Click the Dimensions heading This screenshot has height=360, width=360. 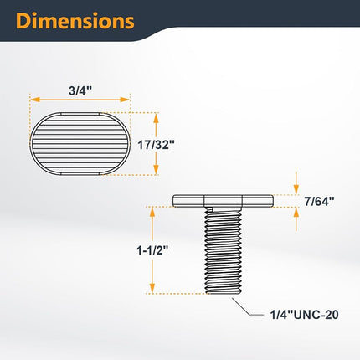75,21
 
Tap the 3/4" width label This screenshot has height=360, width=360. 80,91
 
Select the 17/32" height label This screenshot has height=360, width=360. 156,145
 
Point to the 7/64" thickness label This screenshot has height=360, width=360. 319,201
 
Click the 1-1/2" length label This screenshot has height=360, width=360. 152,250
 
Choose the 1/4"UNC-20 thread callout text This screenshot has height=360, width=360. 305,315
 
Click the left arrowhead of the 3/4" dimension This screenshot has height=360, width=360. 34,100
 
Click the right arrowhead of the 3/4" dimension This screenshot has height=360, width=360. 125,100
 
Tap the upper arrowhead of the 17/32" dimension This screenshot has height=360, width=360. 156,118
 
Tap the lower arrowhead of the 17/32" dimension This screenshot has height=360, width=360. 156,169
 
